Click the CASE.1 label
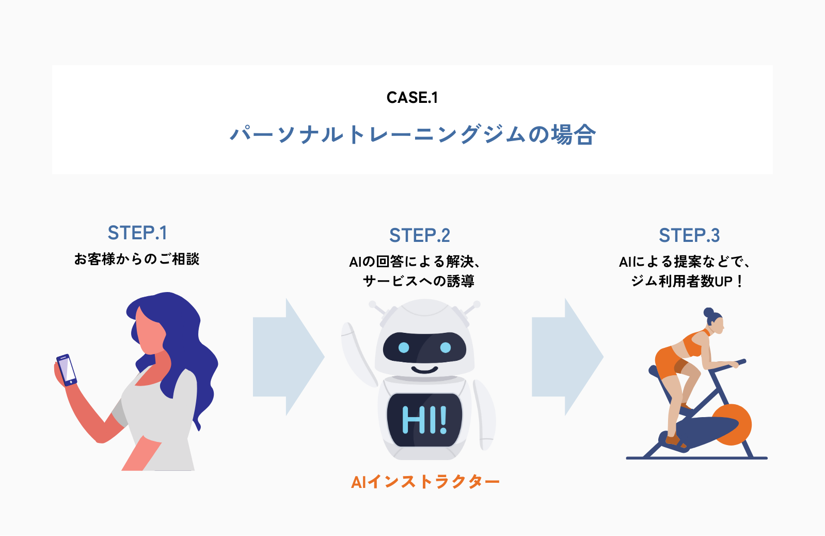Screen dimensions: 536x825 pos(412,98)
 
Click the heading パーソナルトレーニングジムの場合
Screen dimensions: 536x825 pos(412,134)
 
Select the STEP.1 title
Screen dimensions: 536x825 pos(137,233)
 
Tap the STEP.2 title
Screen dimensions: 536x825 pos(419,236)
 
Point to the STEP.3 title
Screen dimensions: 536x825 pos(689,236)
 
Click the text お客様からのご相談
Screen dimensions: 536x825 pos(137,259)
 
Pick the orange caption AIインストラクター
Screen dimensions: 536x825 pos(425,482)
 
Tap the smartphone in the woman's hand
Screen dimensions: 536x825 pos(67,370)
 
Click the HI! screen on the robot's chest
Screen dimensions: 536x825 pos(424,420)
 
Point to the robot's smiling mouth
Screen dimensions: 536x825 pos(424,370)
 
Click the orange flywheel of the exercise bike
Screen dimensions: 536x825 pos(733,424)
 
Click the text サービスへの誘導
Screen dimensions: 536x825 pos(419,281)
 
